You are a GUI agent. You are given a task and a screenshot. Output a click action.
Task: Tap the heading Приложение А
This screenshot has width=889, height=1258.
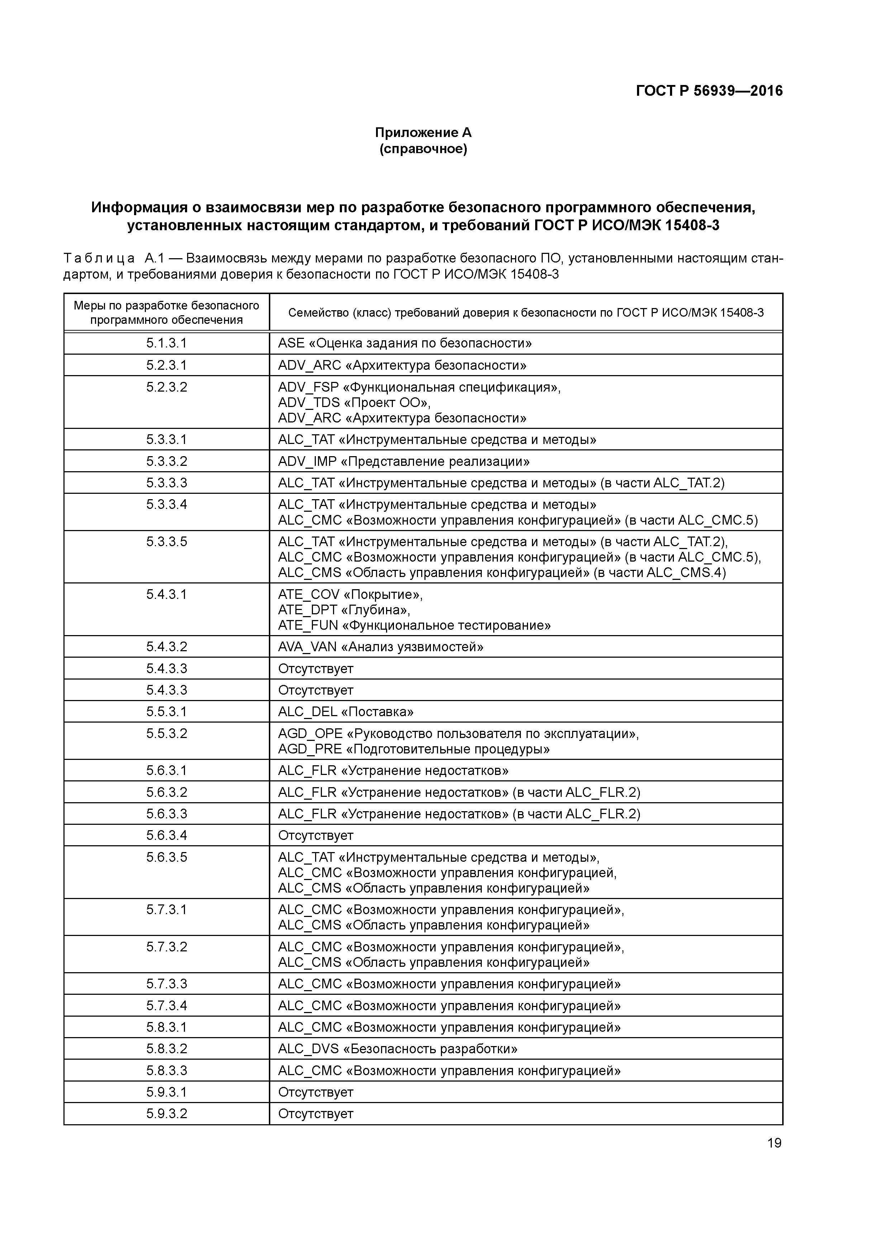(x=423, y=133)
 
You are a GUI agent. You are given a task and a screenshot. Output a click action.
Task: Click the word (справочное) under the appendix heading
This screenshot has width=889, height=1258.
(x=423, y=149)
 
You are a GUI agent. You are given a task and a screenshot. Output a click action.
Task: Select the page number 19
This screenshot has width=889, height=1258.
(x=774, y=1143)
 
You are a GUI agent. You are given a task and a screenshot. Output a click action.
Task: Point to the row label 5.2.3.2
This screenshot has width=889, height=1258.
(x=167, y=387)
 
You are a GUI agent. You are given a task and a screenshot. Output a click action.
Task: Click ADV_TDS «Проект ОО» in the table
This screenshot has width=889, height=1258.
(x=354, y=403)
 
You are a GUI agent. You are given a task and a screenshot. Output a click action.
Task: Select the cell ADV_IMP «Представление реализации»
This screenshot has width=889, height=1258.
(x=403, y=461)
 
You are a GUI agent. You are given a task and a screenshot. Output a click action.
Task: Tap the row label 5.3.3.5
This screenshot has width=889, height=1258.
(x=167, y=542)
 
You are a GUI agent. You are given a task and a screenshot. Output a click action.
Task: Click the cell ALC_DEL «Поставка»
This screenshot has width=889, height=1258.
(x=345, y=712)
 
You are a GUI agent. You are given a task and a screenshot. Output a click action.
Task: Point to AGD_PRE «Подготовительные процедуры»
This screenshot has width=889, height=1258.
(x=414, y=749)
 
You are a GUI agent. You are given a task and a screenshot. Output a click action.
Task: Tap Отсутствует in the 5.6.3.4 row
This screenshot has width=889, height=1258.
(x=315, y=836)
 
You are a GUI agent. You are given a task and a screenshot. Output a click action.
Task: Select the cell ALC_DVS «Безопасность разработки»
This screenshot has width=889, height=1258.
(x=397, y=1049)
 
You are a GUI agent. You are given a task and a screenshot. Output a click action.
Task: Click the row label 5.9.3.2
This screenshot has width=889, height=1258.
(x=167, y=1113)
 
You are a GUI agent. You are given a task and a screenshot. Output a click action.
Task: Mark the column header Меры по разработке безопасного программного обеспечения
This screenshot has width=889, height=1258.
(x=167, y=313)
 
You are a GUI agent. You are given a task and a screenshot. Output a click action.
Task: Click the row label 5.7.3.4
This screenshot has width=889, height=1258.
(x=167, y=1006)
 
